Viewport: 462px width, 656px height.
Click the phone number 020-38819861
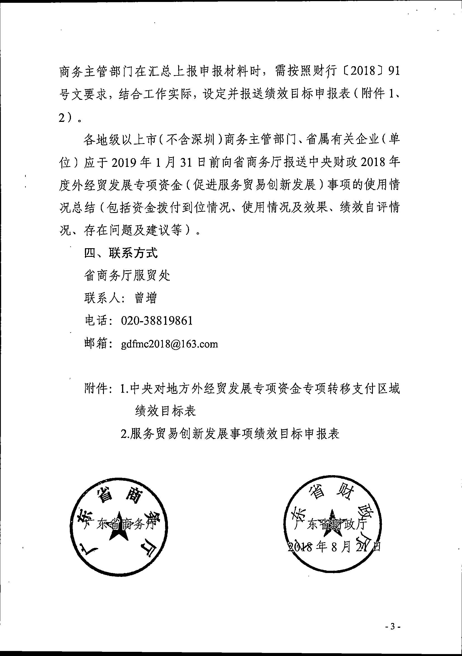click(x=157, y=321)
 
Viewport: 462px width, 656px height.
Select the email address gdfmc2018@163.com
click(x=169, y=344)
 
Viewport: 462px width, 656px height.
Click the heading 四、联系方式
click(x=121, y=253)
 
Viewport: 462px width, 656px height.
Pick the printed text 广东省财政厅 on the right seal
click(x=332, y=524)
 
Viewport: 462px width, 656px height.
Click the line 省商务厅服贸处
click(x=127, y=276)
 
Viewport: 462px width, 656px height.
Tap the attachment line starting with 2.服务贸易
click(x=230, y=434)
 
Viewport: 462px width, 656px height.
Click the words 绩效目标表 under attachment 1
click(x=165, y=411)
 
